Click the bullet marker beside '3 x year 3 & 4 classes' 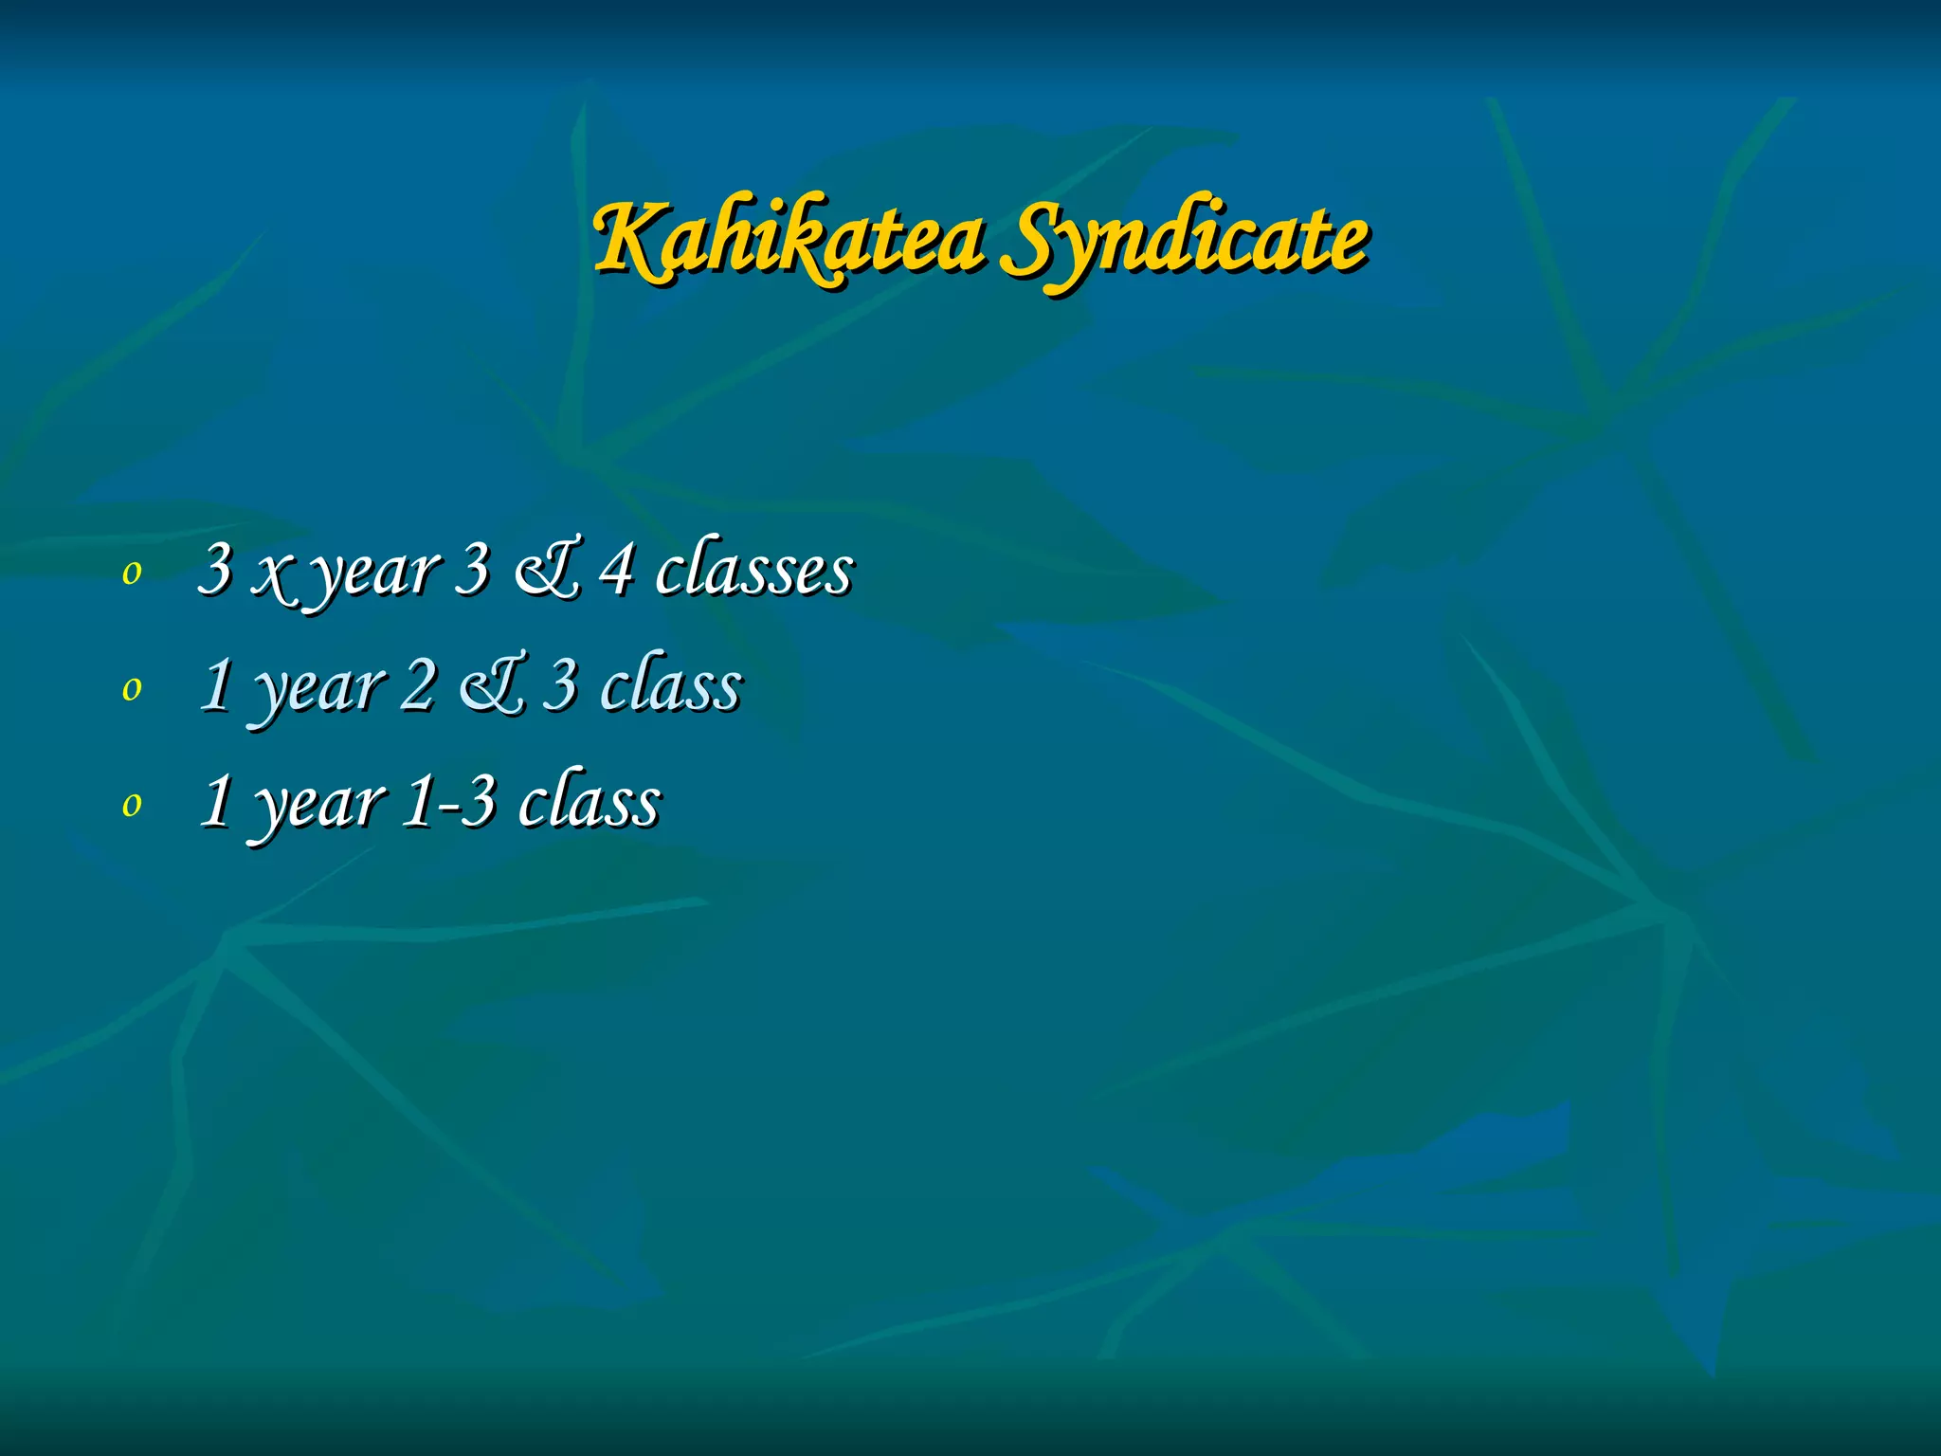[x=132, y=573]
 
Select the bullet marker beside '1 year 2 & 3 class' [x=132, y=689]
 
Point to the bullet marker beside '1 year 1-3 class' [x=132, y=805]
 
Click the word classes [x=754, y=571]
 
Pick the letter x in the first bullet [x=273, y=573]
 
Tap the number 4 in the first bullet [x=617, y=571]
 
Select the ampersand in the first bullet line [x=546, y=571]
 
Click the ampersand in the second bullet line [x=492, y=686]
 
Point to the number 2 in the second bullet [x=417, y=685]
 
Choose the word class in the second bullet [x=672, y=685]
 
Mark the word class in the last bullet [x=590, y=802]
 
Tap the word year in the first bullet [x=375, y=574]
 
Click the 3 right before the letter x [x=215, y=571]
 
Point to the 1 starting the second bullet [x=217, y=685]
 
